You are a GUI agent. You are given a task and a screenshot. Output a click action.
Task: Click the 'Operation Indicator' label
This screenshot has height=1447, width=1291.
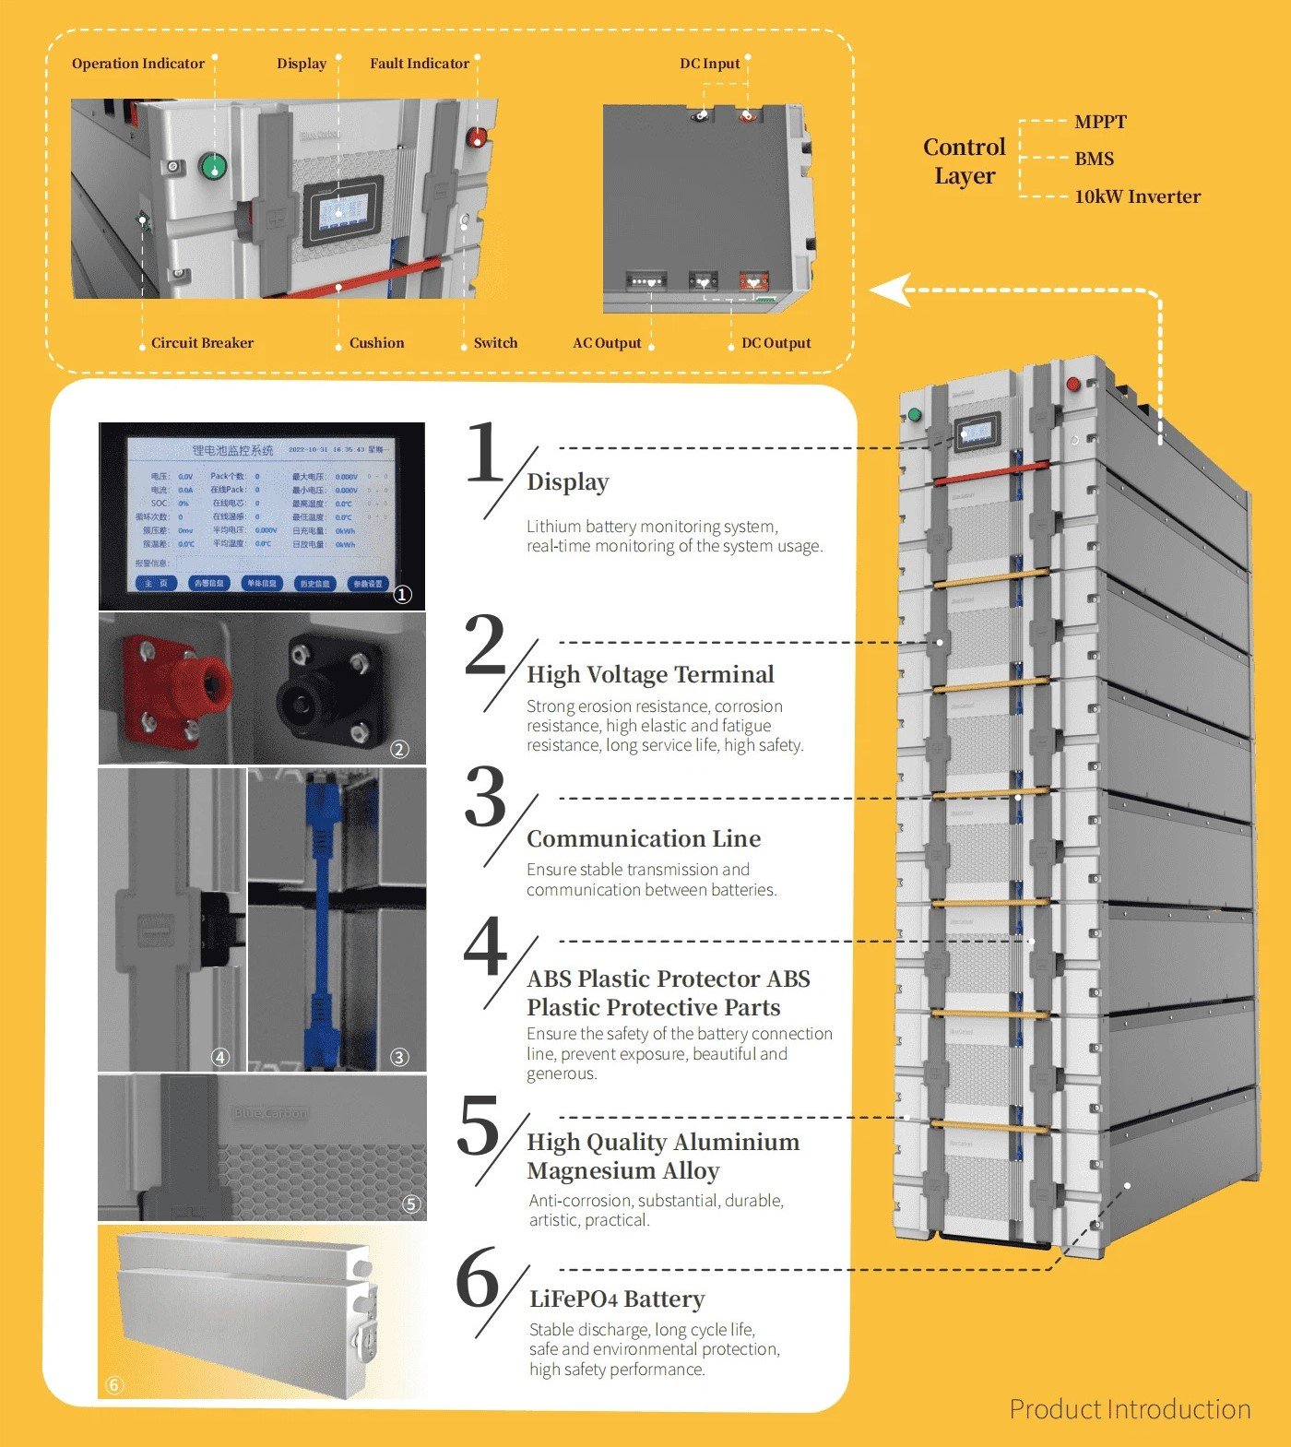coord(138,64)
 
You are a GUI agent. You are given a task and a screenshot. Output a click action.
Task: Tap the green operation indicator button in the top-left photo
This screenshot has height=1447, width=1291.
coord(213,167)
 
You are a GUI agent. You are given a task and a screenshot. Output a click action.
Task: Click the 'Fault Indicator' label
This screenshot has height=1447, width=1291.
coord(420,64)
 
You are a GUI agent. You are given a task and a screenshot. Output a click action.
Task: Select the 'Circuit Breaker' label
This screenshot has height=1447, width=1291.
coord(202,343)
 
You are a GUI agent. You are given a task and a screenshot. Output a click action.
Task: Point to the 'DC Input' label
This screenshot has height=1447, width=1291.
coord(710,64)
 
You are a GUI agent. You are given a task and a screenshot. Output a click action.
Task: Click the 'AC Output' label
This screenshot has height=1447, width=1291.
coord(607,343)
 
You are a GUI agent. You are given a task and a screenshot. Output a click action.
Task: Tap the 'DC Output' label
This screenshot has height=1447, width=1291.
coord(776,343)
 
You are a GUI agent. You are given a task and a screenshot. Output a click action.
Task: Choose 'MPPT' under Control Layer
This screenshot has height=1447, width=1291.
coord(1100,122)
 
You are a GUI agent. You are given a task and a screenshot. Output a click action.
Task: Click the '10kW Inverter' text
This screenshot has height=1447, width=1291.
coord(1137,196)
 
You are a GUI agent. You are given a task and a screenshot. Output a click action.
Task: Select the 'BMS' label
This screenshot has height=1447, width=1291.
coord(1094,159)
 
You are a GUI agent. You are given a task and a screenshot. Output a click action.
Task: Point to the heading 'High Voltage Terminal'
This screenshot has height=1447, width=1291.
coord(650,674)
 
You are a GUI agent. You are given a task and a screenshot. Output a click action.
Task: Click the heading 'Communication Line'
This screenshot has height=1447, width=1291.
coord(644,838)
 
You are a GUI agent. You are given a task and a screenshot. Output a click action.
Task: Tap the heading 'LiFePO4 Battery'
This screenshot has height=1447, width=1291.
coord(617,1299)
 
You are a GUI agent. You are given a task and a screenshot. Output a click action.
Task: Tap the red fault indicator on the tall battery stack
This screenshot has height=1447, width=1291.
coord(1073,384)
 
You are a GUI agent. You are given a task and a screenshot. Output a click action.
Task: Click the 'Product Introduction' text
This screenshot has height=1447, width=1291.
coord(1130,1409)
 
